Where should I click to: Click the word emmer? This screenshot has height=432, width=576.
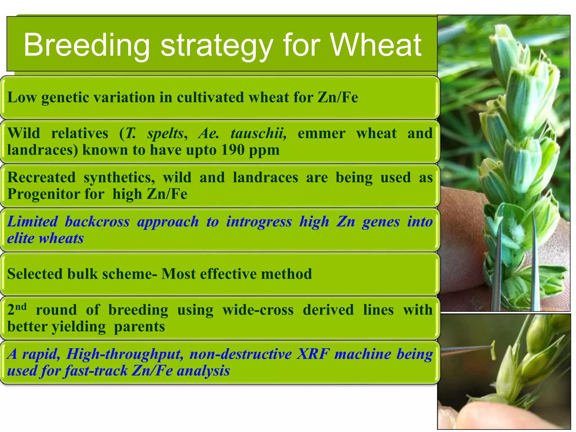click(x=321, y=133)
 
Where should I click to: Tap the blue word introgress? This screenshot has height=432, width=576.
click(x=259, y=222)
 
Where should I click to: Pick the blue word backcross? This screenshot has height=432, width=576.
click(x=97, y=222)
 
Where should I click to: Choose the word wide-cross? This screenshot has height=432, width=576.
click(x=258, y=310)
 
